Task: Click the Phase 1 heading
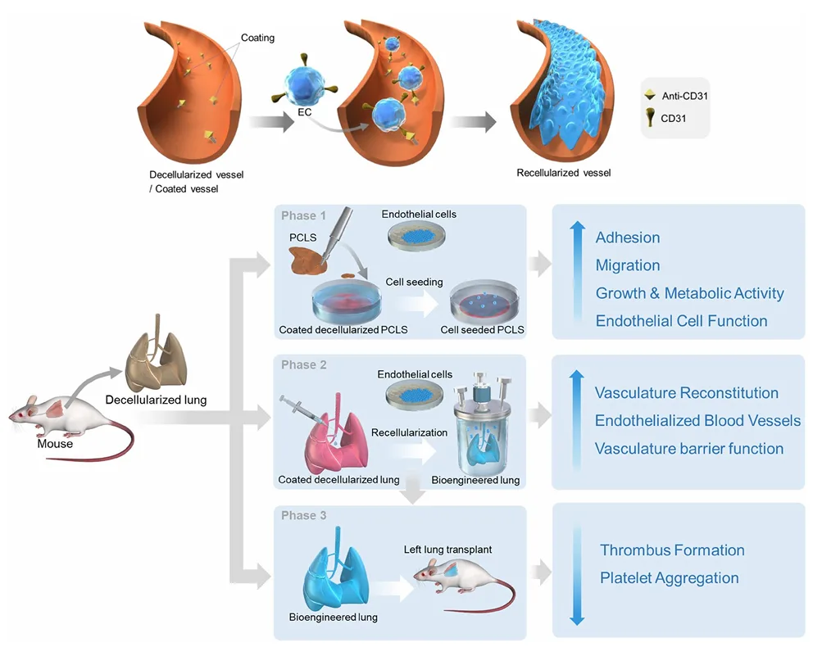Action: [303, 215]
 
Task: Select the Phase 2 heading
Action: [303, 364]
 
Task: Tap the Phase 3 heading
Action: [303, 515]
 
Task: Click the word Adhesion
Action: [627, 238]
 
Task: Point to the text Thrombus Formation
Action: [672, 550]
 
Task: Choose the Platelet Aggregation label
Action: [669, 578]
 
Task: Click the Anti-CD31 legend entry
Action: [684, 96]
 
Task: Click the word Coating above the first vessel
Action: [257, 38]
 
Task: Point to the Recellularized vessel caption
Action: [563, 173]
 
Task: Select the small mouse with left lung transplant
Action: [459, 577]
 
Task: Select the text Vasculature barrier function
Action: [688, 448]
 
